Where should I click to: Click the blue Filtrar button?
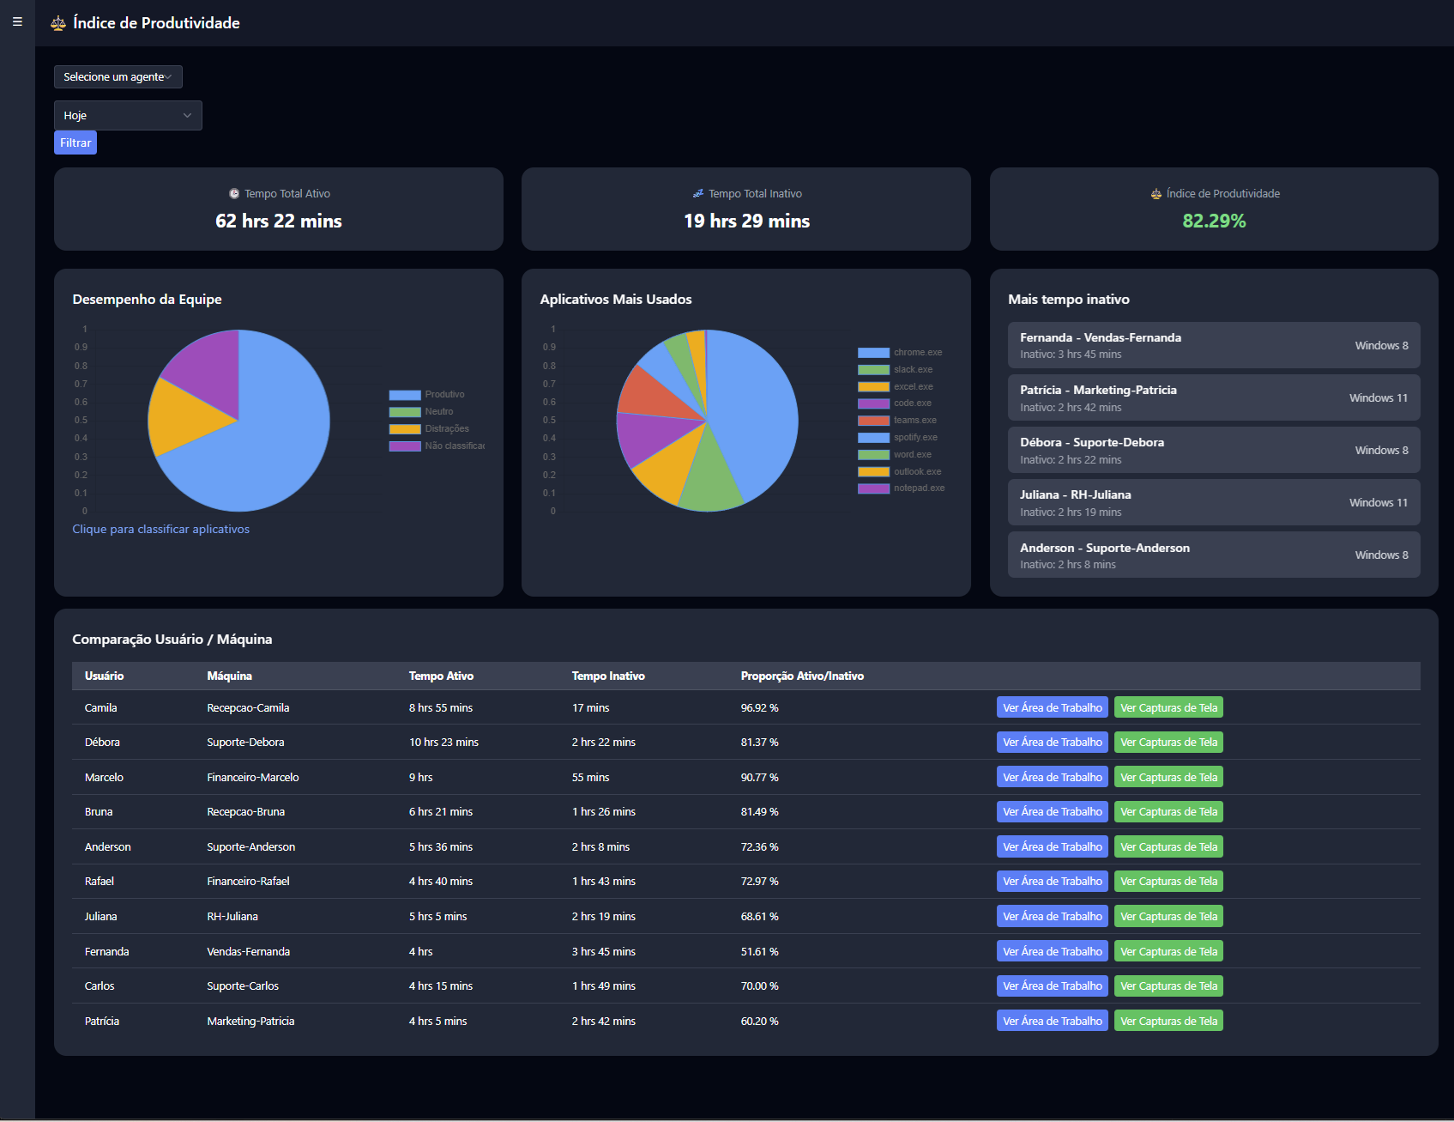(x=75, y=143)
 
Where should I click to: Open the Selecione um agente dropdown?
(x=118, y=76)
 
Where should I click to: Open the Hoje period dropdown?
(x=128, y=115)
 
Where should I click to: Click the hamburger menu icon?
(x=17, y=22)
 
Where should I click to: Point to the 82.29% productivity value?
(x=1213, y=221)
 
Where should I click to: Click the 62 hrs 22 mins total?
(x=278, y=221)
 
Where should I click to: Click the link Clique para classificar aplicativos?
(x=160, y=529)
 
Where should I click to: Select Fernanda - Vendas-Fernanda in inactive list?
(x=1100, y=337)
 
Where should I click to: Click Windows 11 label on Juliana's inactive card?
(x=1378, y=503)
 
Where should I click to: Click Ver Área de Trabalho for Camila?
(x=1052, y=707)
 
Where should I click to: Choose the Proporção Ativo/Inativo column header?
(x=801, y=676)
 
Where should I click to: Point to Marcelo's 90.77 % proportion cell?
(x=759, y=778)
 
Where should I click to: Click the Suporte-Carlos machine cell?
(x=243, y=986)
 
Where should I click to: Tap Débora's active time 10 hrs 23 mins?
(x=443, y=743)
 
